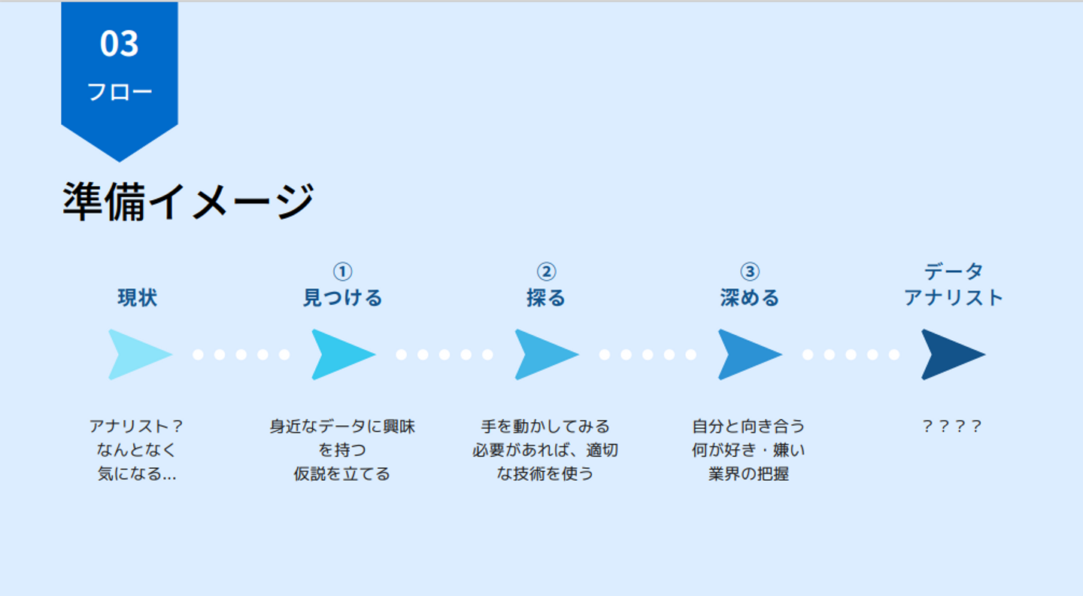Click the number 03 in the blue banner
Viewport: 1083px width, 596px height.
click(x=120, y=44)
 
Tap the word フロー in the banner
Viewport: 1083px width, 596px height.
click(x=120, y=92)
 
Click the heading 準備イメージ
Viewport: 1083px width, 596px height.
click(x=187, y=202)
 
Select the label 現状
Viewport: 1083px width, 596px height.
click(x=138, y=298)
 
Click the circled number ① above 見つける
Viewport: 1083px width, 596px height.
click(x=342, y=272)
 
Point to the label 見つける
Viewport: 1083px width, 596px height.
click(x=342, y=298)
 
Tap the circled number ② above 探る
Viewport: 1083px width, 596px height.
click(x=546, y=272)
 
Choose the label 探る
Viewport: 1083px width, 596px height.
click(x=546, y=298)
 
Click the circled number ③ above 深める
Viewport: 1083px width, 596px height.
click(x=750, y=272)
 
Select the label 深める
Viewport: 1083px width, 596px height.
click(x=750, y=298)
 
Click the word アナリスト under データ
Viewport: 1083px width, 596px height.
click(x=954, y=298)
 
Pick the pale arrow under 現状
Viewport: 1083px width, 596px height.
click(x=137, y=354)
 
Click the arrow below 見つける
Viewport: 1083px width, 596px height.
click(x=341, y=354)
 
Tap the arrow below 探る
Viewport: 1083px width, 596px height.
click(x=544, y=354)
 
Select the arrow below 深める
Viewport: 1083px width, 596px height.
click(x=748, y=354)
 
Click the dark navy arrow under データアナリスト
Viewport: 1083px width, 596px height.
click(x=951, y=354)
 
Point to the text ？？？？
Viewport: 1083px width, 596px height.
click(x=952, y=427)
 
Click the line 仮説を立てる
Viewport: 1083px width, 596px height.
click(x=342, y=474)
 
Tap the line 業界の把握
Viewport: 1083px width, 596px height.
click(x=749, y=474)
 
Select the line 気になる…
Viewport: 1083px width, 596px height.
click(x=137, y=474)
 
